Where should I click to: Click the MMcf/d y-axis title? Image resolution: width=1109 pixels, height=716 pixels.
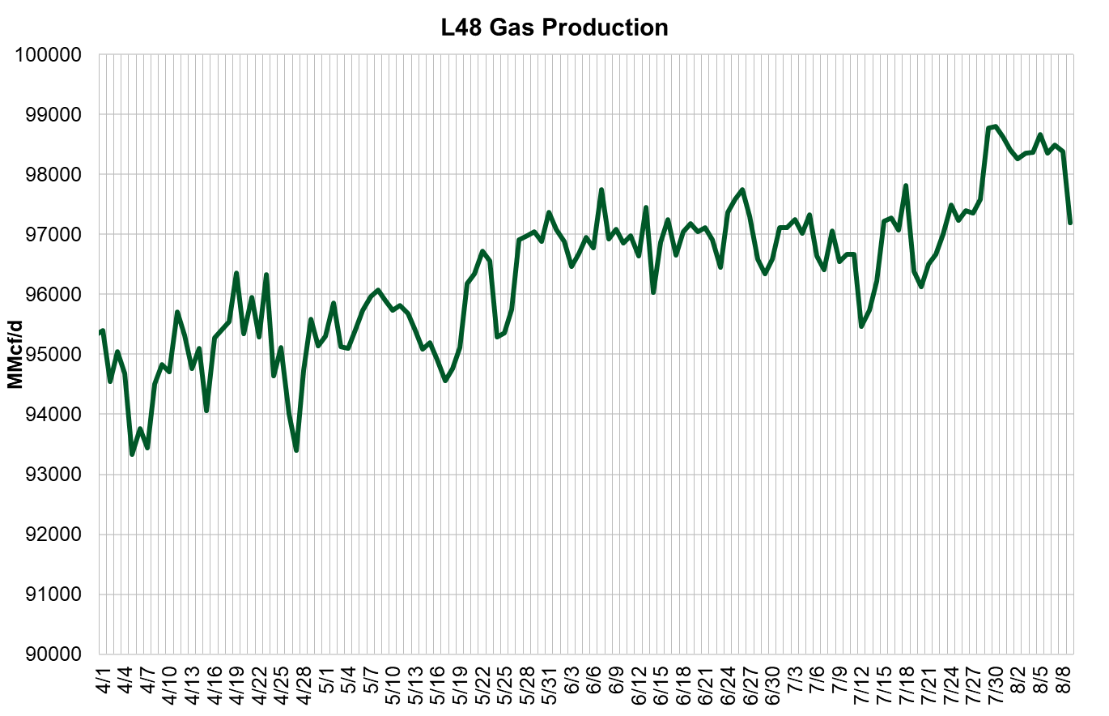click(x=14, y=353)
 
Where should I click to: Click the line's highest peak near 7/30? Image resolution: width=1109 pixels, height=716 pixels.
click(x=995, y=126)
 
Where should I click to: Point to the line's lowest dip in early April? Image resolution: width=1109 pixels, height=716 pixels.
click(x=132, y=454)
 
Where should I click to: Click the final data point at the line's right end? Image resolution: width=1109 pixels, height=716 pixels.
click(x=1070, y=223)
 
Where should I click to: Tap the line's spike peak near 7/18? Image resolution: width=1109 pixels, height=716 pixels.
click(x=906, y=185)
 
